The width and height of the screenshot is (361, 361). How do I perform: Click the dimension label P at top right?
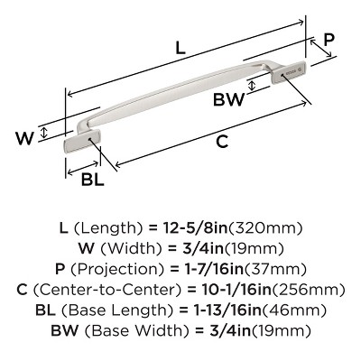329,42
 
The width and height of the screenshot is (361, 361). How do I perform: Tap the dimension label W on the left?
28,137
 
